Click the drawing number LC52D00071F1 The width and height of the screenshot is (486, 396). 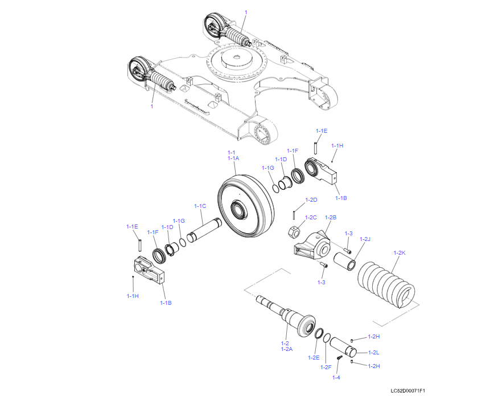407,390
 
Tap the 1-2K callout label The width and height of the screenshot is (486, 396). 399,252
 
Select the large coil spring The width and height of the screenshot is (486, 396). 389,284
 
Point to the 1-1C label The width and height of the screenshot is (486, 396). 200,206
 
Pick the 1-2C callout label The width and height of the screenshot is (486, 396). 311,218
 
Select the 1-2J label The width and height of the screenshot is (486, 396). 365,239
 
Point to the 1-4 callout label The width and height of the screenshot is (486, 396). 336,377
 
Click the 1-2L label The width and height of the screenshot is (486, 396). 374,352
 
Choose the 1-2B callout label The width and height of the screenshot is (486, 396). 331,218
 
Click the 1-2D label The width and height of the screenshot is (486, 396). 311,200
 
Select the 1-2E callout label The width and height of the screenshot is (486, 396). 313,357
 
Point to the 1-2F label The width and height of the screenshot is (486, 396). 327,367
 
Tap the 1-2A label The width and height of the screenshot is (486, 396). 286,349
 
